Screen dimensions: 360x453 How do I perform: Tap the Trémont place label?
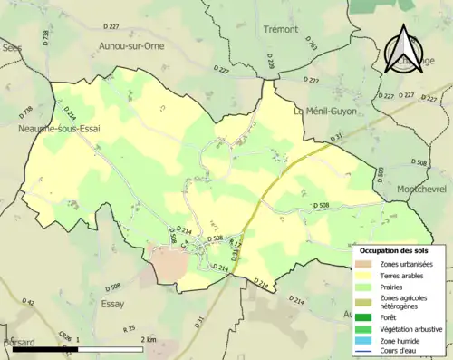coord(280,29)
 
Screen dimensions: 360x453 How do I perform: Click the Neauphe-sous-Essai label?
coord(60,129)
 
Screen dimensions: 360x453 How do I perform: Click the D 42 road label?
coord(28,302)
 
